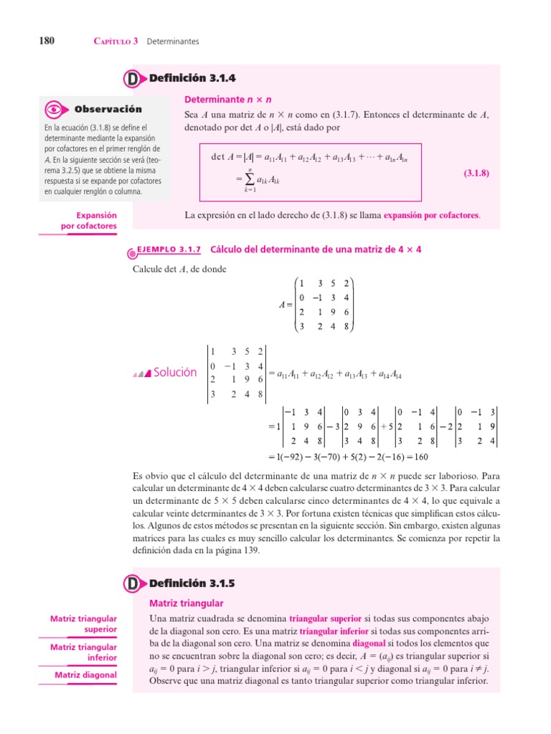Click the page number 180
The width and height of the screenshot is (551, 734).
click(x=37, y=41)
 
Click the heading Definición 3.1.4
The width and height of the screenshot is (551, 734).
click(x=192, y=78)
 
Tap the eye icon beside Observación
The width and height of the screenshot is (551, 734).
click(x=54, y=110)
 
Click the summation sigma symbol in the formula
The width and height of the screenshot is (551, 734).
click(x=250, y=180)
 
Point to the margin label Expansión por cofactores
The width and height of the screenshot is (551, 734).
click(x=88, y=221)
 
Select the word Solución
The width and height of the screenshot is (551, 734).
click(x=174, y=372)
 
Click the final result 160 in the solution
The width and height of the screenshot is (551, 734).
click(x=420, y=457)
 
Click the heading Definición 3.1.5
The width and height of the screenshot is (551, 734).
click(x=192, y=584)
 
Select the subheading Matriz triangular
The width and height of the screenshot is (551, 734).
click(x=186, y=604)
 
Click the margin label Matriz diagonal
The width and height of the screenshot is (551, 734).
click(x=85, y=675)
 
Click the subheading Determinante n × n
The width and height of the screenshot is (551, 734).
click(x=228, y=99)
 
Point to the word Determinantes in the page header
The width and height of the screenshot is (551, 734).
click(x=173, y=42)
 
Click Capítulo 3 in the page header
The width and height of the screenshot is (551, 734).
click(x=116, y=42)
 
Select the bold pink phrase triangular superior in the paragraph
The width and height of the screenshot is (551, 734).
click(x=326, y=619)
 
